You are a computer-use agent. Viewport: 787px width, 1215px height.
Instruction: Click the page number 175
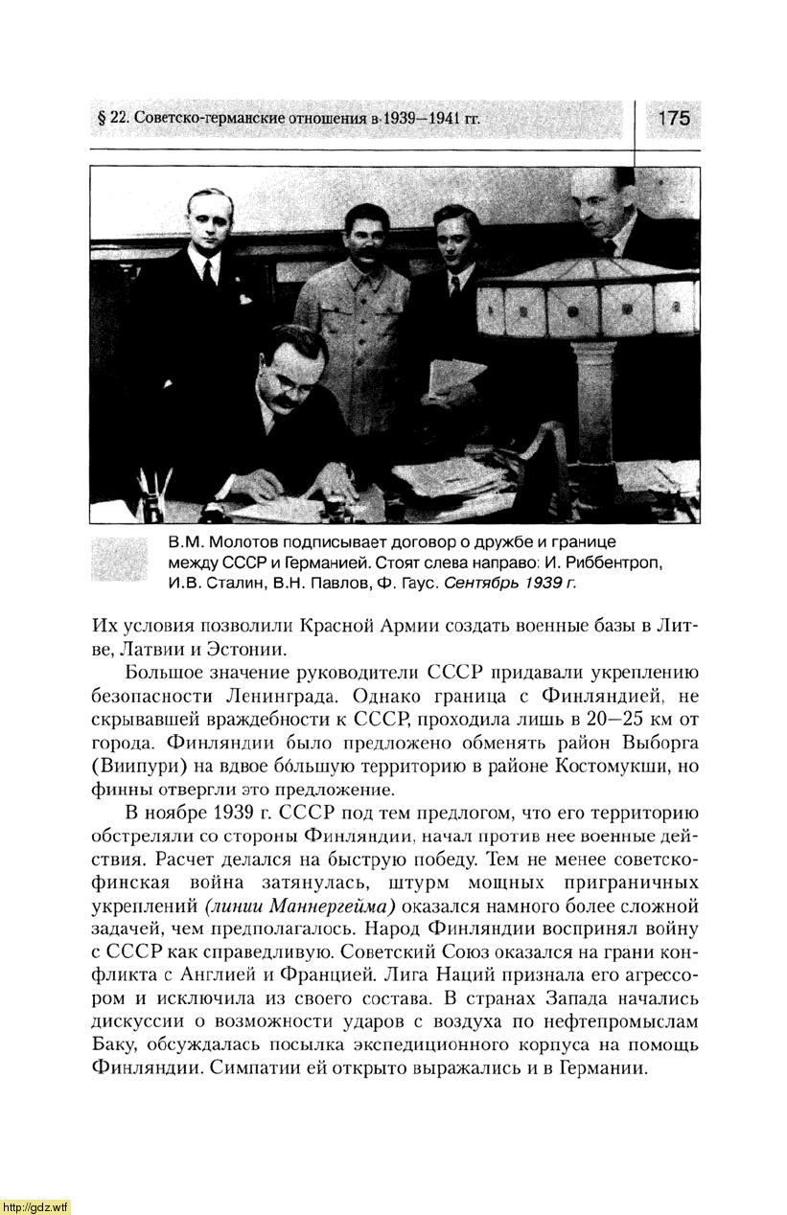tap(674, 119)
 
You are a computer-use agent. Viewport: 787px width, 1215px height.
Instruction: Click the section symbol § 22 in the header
tap(114, 120)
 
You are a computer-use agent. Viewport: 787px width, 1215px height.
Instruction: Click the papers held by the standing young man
tap(456, 379)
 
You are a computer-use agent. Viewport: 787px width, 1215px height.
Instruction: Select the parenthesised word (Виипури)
tap(135, 767)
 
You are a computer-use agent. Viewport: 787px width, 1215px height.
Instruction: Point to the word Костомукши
tap(623, 767)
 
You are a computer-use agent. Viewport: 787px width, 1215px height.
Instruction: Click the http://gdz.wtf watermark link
tap(35, 1205)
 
